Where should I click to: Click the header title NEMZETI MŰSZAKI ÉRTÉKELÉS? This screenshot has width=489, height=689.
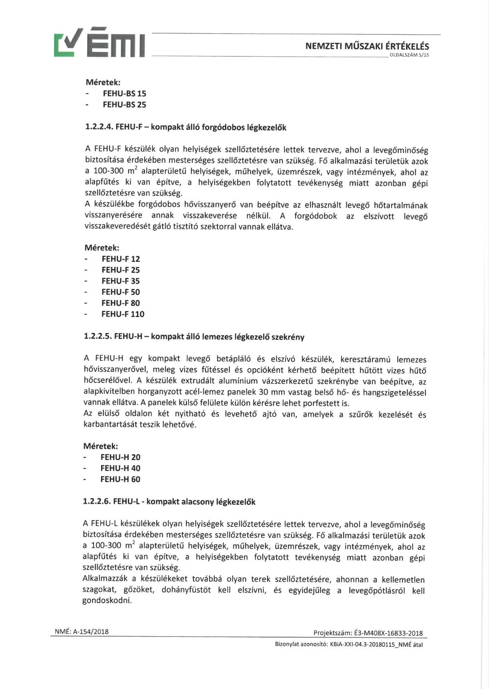point(367,46)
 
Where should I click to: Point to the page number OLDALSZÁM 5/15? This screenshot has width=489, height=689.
point(408,55)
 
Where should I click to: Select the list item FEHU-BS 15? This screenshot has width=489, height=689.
point(124,94)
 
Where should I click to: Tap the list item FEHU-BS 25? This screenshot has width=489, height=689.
point(124,105)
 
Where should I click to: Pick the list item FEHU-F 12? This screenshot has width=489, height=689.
point(121,259)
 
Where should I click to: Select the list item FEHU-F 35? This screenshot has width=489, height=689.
point(121,281)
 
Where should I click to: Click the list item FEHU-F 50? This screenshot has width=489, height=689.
point(121,292)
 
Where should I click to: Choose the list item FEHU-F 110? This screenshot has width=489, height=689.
point(123,314)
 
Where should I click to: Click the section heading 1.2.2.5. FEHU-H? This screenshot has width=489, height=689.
point(194,337)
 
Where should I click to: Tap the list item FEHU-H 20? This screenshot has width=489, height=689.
point(120,457)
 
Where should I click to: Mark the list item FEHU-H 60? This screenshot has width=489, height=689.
point(120,479)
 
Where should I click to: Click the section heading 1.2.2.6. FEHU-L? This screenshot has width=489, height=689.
point(169,502)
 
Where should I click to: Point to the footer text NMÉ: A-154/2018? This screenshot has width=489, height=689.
point(81,631)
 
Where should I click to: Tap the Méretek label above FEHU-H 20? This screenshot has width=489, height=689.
point(100,446)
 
